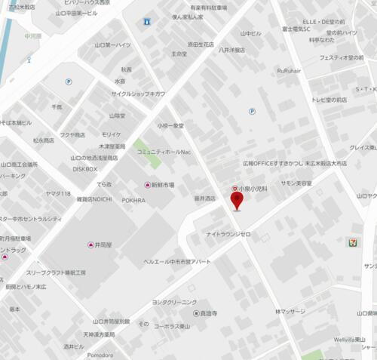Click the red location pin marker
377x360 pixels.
(x=237, y=201)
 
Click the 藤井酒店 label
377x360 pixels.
(x=205, y=198)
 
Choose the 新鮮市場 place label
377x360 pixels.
(x=163, y=185)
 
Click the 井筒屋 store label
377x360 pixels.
(x=104, y=245)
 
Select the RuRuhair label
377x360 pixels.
(x=289, y=70)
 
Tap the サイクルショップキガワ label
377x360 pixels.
(x=138, y=94)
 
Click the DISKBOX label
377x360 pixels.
(x=85, y=169)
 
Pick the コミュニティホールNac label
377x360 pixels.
(x=164, y=152)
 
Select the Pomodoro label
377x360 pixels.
(x=99, y=355)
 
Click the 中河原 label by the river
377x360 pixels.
(x=33, y=34)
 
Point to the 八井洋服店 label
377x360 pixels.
(x=231, y=50)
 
